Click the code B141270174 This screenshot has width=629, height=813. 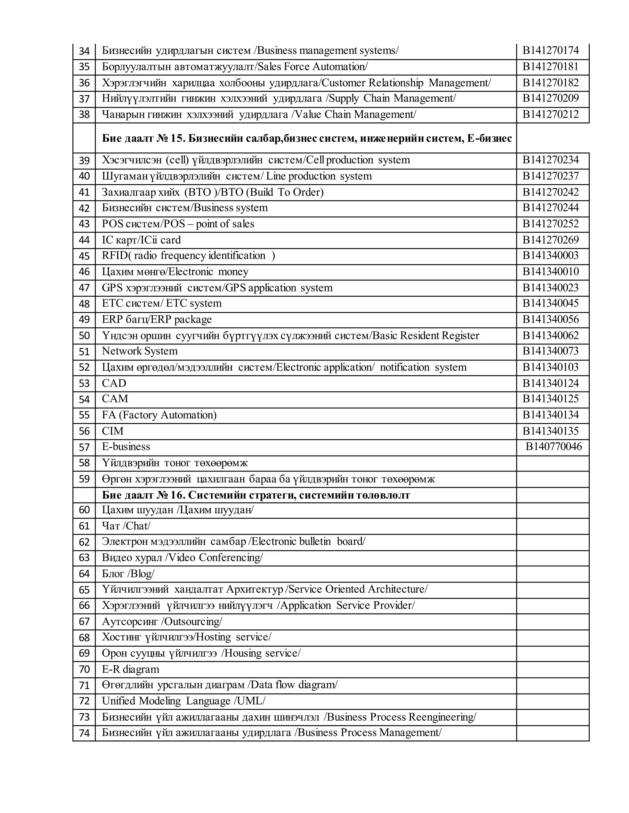tap(550, 50)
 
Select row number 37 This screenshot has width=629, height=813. tap(84, 99)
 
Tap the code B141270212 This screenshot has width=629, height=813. tap(550, 114)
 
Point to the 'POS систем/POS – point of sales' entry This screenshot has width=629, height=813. tap(178, 224)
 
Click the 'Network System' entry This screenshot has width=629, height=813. tap(140, 351)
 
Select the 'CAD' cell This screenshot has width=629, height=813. tap(114, 383)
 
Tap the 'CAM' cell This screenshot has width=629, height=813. tap(115, 399)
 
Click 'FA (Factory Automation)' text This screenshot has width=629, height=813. tap(159, 415)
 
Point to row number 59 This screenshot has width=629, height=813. tap(84, 479)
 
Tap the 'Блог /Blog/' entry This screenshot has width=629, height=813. tap(128, 574)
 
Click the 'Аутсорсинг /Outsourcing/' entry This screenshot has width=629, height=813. tap(162, 621)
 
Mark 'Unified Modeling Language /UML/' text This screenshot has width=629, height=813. tap(183, 701)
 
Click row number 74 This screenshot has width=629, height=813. tap(84, 733)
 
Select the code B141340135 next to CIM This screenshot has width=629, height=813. tap(550, 431)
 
